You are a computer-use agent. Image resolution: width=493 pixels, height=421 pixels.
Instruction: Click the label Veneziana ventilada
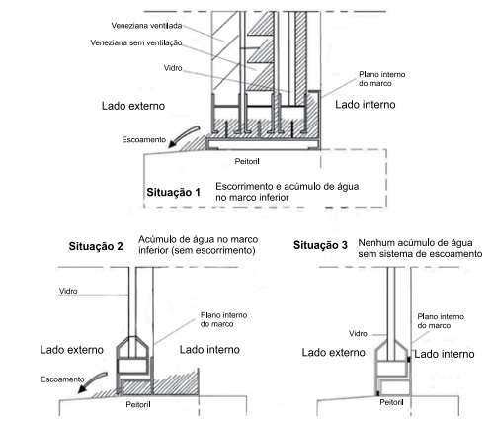(x=146, y=26)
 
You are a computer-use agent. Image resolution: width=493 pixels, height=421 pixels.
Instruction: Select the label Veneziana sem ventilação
(x=136, y=42)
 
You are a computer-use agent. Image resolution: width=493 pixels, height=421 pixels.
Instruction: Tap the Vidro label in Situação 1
(x=173, y=68)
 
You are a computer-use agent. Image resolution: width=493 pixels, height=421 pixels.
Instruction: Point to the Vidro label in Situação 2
(x=68, y=291)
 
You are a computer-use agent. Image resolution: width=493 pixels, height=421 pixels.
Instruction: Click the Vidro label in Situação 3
(x=358, y=334)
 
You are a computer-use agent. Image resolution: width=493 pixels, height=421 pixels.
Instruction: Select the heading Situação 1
(x=174, y=192)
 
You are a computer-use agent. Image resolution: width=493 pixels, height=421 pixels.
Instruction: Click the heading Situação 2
(x=96, y=246)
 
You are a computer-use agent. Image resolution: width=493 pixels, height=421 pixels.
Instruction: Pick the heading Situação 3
(x=320, y=245)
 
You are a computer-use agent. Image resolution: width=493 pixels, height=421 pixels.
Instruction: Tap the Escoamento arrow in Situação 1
(x=183, y=134)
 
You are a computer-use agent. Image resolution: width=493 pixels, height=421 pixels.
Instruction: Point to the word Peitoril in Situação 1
(x=247, y=161)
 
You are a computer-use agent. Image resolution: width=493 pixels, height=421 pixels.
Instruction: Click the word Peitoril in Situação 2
(x=138, y=404)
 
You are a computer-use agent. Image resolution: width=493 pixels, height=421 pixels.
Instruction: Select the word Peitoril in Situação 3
(x=391, y=402)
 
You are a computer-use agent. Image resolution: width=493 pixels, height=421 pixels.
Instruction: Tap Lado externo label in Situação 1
(x=133, y=106)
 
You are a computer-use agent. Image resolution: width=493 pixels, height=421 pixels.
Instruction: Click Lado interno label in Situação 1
(x=366, y=105)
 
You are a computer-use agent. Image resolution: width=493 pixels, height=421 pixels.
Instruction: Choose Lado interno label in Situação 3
(x=445, y=354)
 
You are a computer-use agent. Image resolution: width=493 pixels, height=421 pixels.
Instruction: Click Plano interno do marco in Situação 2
(x=223, y=319)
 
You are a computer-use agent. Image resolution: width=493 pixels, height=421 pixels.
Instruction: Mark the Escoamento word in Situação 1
(x=144, y=140)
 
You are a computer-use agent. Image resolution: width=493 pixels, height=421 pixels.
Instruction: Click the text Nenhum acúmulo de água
(x=415, y=243)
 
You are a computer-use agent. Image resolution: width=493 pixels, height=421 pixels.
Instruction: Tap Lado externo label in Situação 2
(x=72, y=350)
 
